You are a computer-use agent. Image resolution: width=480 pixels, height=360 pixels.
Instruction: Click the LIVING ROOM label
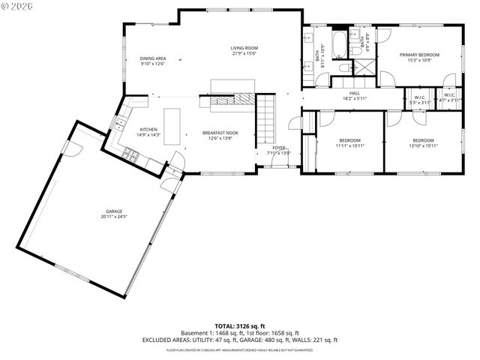pyautogui.click(x=244, y=48)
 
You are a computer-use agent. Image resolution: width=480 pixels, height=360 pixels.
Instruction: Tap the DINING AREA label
pyautogui.click(x=153, y=58)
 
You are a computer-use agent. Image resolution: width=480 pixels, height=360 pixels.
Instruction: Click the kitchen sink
pyautogui.click(x=118, y=123)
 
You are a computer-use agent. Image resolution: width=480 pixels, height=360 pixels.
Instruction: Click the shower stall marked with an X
pyautogui.click(x=364, y=66)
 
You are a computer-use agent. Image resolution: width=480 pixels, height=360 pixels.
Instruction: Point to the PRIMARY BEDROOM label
pyautogui.click(x=418, y=55)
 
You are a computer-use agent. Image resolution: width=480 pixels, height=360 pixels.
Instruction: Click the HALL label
pyautogui.click(x=354, y=93)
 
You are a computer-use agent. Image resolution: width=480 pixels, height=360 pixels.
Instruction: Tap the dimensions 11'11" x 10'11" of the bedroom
pyautogui.click(x=349, y=145)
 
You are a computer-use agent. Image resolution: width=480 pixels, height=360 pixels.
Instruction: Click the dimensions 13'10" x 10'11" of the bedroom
pyautogui.click(x=422, y=145)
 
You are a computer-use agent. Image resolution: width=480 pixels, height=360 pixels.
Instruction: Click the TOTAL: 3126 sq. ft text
pyautogui.click(x=240, y=325)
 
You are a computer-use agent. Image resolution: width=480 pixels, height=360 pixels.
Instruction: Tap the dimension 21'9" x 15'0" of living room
pyautogui.click(x=244, y=54)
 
